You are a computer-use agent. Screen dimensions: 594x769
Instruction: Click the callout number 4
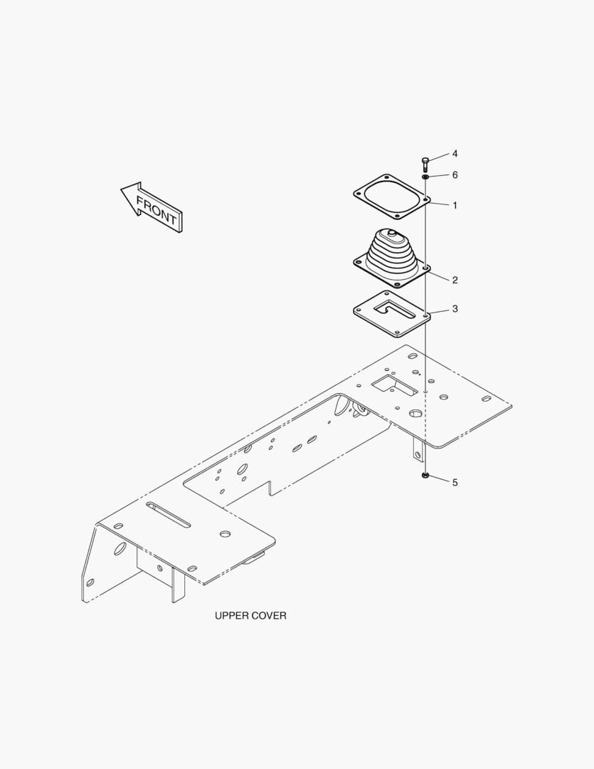[x=455, y=154]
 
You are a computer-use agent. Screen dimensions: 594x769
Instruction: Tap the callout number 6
[x=455, y=175]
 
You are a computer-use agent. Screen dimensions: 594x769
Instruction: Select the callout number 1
[x=455, y=206]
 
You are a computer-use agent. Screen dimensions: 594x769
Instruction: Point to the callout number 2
[x=455, y=280]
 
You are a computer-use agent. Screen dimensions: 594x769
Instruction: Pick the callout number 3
[x=455, y=308]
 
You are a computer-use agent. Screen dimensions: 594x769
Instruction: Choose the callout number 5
[x=455, y=483]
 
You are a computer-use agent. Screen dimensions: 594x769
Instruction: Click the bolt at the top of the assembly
[x=425, y=164]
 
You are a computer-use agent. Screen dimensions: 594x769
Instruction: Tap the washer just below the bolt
[x=425, y=176]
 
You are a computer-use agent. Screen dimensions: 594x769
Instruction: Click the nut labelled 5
[x=425, y=475]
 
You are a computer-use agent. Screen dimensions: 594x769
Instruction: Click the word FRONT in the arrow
[x=157, y=210]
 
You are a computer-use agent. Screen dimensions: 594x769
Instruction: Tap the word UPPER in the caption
[x=233, y=615]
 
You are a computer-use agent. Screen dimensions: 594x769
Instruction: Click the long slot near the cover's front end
[x=168, y=515]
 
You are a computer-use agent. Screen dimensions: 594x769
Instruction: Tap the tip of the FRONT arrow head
[x=121, y=189]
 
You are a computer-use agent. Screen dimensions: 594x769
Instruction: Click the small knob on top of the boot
[x=391, y=233]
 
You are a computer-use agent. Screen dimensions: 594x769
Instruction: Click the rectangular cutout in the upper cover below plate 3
[x=395, y=385]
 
